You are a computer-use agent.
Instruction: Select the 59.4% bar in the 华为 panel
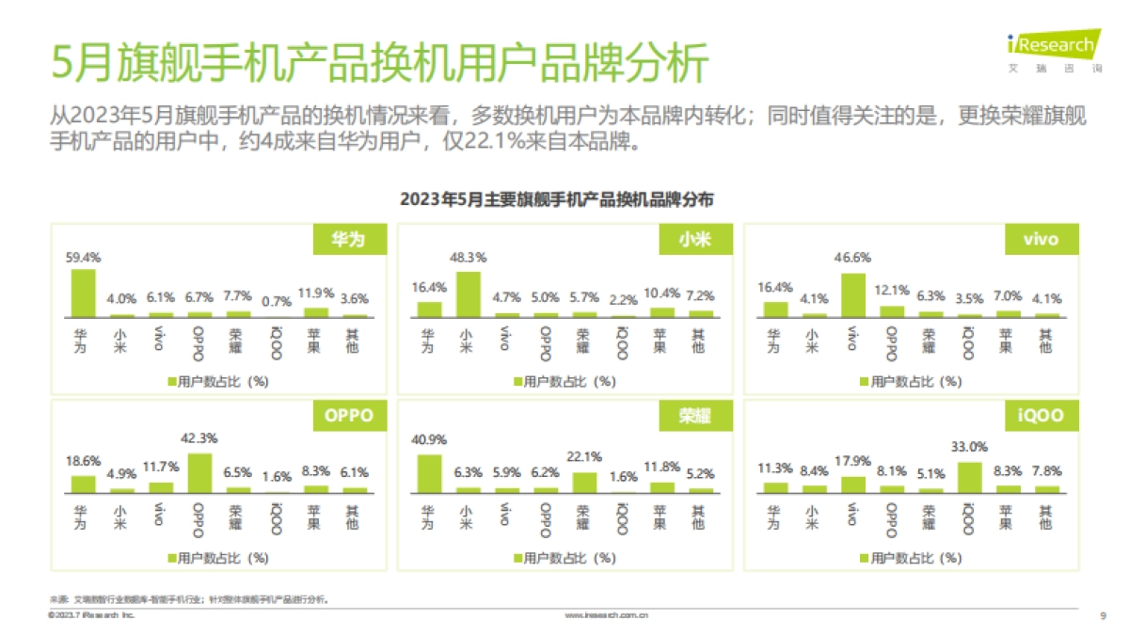[x=83, y=294]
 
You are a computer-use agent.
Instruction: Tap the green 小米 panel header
[x=693, y=240]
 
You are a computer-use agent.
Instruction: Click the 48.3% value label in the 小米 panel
[x=468, y=256]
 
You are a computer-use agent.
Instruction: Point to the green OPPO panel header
[x=349, y=415]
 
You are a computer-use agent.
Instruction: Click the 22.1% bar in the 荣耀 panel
[x=584, y=483]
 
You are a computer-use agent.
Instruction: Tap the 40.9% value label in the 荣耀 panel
[x=429, y=439]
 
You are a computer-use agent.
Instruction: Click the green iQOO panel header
[x=1040, y=415]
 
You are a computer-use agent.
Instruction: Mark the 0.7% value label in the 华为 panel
[x=276, y=301]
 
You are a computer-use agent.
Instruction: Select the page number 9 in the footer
[x=1102, y=615]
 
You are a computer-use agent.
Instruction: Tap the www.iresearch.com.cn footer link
[x=606, y=615]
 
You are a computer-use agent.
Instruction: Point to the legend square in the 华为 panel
[x=172, y=381]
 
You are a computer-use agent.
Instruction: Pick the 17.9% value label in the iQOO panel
[x=852, y=461]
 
